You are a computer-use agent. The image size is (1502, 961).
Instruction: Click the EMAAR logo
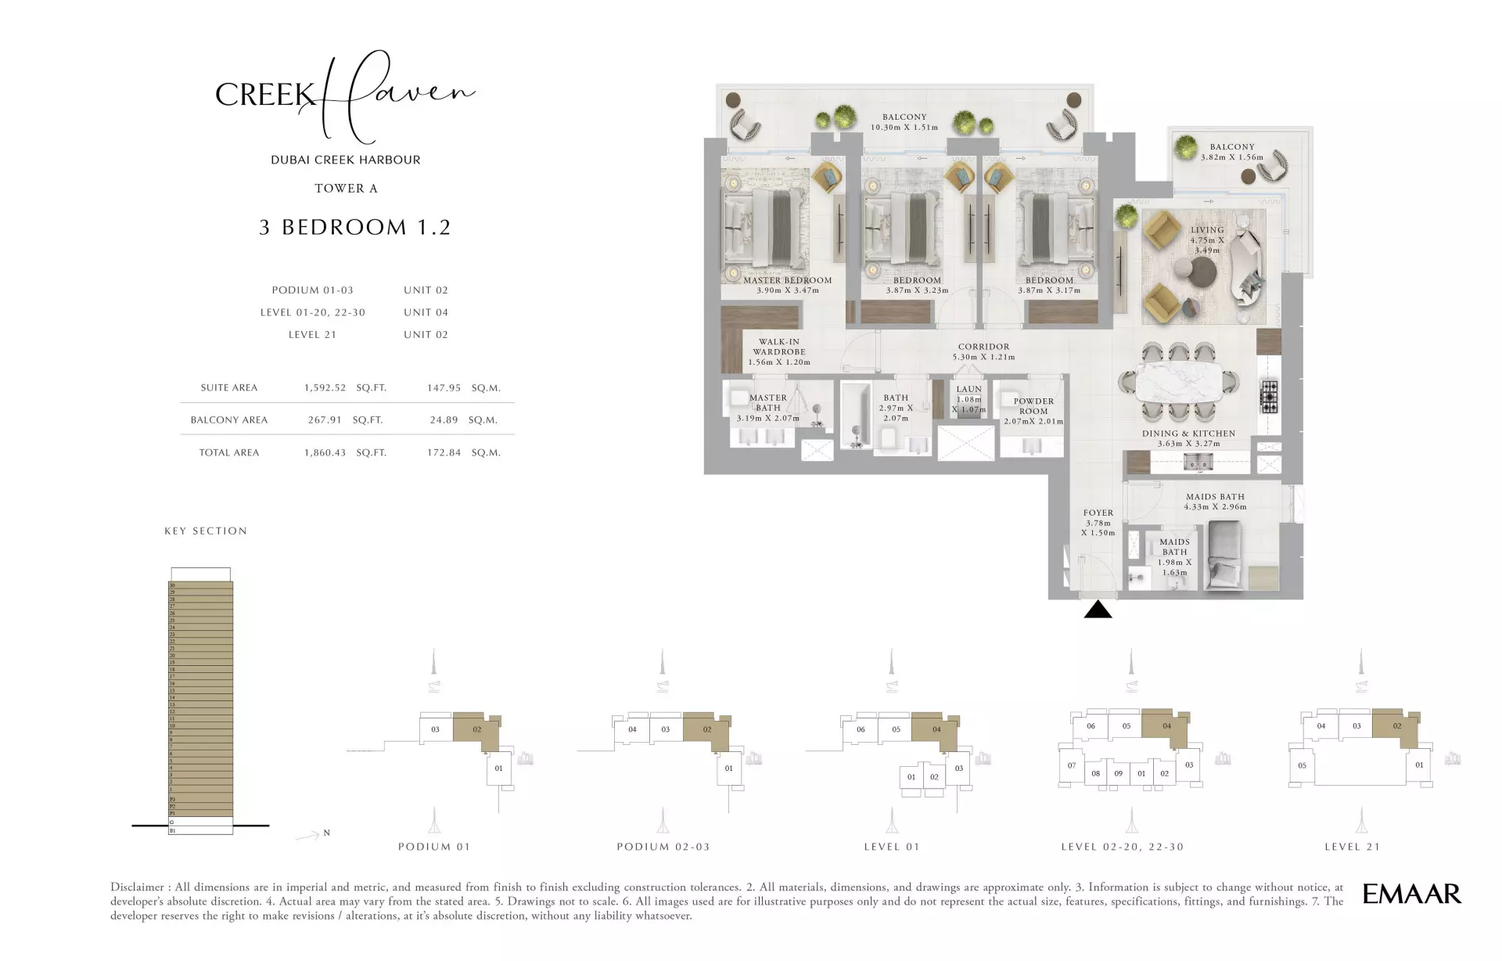(1411, 894)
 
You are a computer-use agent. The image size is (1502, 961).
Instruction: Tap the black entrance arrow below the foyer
(1098, 610)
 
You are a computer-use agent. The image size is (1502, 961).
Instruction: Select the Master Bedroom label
(787, 285)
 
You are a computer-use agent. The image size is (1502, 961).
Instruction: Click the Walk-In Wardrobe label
(778, 352)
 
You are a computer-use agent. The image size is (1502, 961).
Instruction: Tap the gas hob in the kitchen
(1268, 396)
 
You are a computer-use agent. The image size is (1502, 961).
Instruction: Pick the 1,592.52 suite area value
(325, 387)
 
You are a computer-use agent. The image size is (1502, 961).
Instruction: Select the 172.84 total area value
(444, 452)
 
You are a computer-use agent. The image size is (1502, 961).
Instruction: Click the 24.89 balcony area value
(444, 419)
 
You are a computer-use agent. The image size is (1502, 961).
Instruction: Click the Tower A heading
(346, 188)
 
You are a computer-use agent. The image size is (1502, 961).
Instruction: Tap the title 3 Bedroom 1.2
(355, 227)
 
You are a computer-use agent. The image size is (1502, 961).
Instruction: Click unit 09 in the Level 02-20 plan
(1118, 773)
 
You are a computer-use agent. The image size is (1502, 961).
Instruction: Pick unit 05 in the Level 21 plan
(1302, 765)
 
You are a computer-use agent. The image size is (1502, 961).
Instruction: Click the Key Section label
(205, 531)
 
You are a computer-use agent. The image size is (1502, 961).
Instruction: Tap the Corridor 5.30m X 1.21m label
(983, 351)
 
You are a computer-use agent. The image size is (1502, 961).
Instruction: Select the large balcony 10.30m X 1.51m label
(904, 122)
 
